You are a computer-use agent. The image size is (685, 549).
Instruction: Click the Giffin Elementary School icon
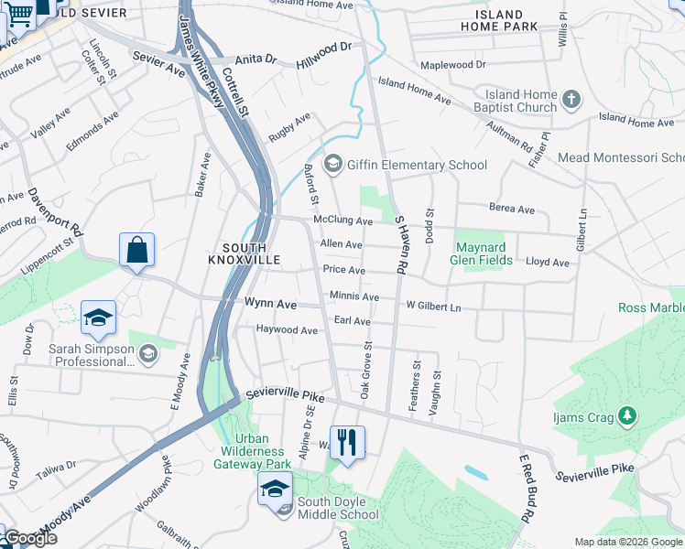point(332,165)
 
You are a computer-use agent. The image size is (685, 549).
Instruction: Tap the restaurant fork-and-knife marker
point(347,443)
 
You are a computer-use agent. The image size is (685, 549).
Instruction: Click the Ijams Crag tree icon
point(627,417)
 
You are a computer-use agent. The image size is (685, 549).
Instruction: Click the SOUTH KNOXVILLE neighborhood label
point(245,253)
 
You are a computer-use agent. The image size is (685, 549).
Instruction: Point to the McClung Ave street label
point(342,221)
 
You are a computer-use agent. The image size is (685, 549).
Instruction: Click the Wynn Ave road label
point(270,303)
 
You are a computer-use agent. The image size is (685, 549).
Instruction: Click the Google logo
point(29,538)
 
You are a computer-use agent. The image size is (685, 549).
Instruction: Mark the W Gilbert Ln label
point(433,307)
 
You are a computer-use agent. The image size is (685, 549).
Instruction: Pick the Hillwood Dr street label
point(324,55)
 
